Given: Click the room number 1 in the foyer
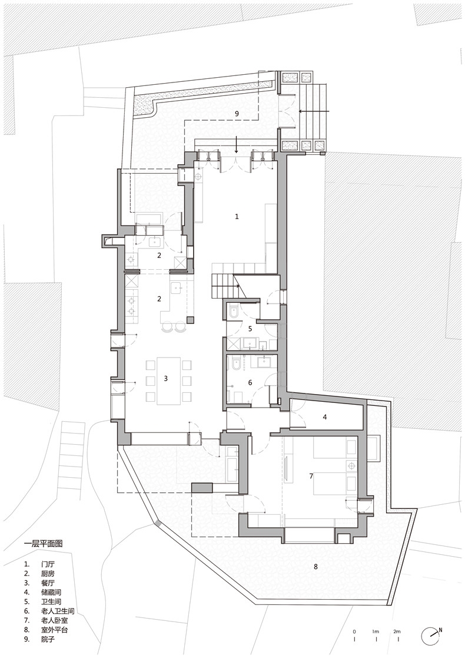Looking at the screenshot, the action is [x=237, y=217].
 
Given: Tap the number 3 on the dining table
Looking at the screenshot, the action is [x=165, y=378].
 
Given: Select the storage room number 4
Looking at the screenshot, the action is [x=324, y=417].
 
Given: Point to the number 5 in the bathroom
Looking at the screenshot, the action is [x=250, y=329].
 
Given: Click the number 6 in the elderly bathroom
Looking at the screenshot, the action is [x=250, y=382].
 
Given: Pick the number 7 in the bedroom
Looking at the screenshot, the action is [x=311, y=477].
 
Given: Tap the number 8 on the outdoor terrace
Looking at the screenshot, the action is [x=315, y=567].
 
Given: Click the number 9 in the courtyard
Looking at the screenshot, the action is [x=237, y=113].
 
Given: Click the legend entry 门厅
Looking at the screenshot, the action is [x=48, y=564].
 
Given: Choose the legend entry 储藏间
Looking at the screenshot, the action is [x=52, y=592].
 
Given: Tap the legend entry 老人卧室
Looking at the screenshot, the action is [x=55, y=620].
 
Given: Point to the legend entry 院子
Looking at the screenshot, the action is [x=48, y=640].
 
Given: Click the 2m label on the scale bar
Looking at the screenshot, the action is [x=397, y=631].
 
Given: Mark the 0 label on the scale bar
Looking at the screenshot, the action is [x=354, y=631].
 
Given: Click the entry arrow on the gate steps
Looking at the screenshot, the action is [x=315, y=111].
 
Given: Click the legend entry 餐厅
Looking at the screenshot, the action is [x=48, y=583].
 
